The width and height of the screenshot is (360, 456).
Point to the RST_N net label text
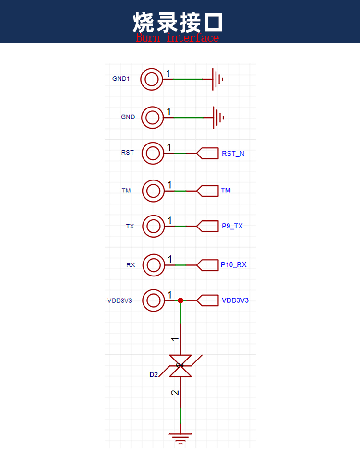[x=233, y=154]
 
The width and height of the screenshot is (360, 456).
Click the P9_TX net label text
[x=232, y=226]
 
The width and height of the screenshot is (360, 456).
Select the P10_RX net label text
[x=233, y=264]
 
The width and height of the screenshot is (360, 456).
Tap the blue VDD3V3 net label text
[x=235, y=300]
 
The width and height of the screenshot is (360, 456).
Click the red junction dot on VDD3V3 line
[x=180, y=300]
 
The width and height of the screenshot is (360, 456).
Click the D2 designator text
[x=154, y=374]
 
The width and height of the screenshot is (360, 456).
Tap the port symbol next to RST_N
[x=207, y=153]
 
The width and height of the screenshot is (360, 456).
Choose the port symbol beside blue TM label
[x=207, y=191]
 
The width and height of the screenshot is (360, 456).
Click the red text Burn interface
[x=177, y=38]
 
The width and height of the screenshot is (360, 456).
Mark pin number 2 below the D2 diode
[x=175, y=393]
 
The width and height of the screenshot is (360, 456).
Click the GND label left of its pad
[x=128, y=117]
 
